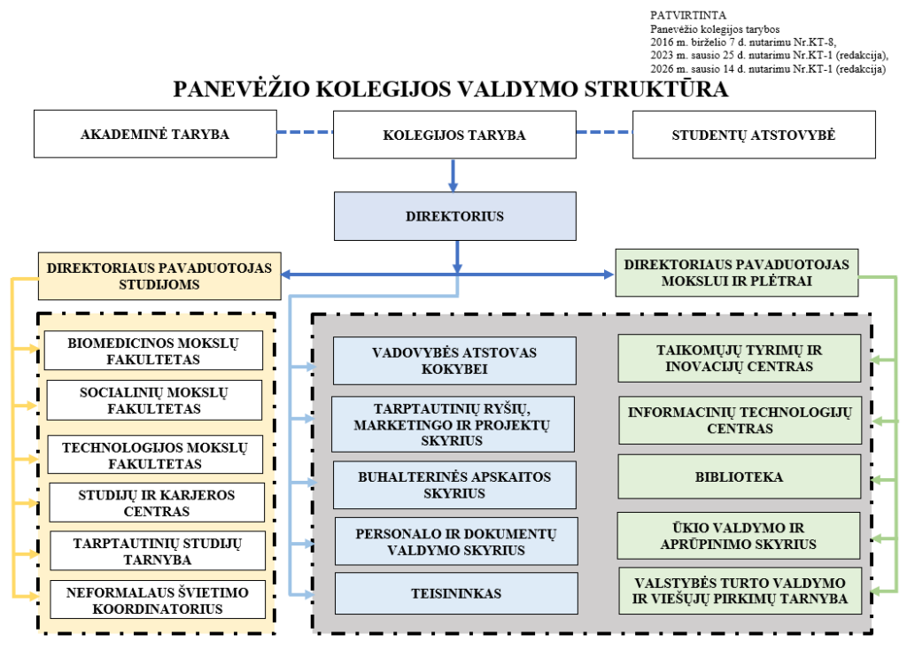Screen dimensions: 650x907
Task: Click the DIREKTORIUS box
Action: pos(454,216)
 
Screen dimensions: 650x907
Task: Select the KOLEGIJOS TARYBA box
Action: pos(454,135)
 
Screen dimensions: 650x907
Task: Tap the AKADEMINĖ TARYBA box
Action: pos(155,135)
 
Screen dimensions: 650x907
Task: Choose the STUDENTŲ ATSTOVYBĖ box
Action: pos(754,135)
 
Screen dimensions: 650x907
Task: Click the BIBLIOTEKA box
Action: pos(739,477)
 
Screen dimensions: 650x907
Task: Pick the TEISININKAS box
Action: pos(456,593)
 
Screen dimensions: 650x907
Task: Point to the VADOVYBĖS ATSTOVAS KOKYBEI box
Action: pos(454,360)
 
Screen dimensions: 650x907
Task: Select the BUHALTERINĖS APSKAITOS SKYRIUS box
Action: pos(454,484)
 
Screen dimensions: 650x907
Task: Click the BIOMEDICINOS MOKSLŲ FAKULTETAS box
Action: pos(154,351)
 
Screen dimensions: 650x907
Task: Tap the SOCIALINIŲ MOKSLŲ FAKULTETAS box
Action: pos(154,400)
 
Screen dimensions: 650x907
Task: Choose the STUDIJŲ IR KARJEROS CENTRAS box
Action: pos(157,502)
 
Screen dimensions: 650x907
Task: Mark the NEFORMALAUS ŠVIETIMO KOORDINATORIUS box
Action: pos(157,600)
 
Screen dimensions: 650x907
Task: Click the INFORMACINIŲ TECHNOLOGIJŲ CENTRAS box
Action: pos(739,420)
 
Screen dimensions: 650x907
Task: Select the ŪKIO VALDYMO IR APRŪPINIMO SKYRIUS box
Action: pos(739,535)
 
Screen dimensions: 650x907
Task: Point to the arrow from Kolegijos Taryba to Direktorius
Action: pos(453,174)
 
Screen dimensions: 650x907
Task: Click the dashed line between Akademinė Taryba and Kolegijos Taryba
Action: pos(305,133)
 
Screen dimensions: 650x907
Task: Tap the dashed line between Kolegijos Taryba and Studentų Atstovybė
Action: pos(604,133)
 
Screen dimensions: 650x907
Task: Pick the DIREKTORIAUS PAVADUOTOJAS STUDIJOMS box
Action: pos(160,275)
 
